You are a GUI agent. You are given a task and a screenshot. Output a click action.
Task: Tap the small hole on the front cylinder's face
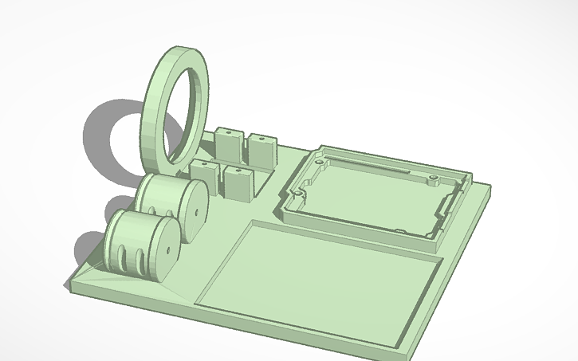(171, 249)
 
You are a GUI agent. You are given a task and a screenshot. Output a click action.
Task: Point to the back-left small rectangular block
(226, 143)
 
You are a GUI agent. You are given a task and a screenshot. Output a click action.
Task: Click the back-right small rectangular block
(260, 150)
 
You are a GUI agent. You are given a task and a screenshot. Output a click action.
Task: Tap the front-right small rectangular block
(238, 181)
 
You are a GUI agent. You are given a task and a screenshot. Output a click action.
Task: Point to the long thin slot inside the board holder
(383, 170)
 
